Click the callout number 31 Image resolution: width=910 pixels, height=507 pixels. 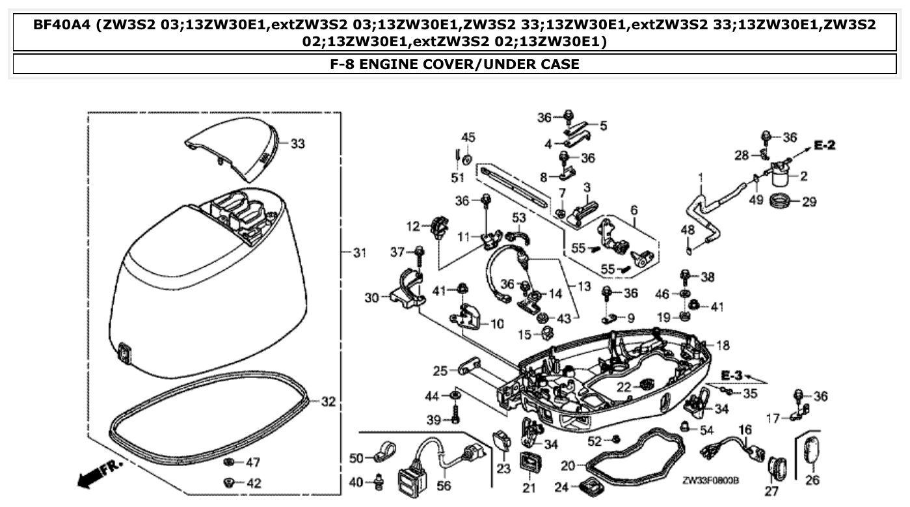tap(360, 253)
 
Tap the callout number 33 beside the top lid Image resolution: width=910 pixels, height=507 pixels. tap(297, 144)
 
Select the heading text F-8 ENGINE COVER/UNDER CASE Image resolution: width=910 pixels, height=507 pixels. tap(455, 64)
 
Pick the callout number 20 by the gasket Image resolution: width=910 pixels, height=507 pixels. tap(569, 465)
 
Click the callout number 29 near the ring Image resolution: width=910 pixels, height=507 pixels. tap(809, 202)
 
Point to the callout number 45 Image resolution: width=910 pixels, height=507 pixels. tap(468, 137)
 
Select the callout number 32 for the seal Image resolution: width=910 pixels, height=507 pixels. tap(328, 402)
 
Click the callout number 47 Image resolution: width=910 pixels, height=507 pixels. tap(253, 462)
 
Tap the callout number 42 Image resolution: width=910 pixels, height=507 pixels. tap(253, 483)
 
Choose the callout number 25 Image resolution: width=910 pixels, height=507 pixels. tap(440, 371)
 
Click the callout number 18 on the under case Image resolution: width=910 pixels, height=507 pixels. tap(723, 345)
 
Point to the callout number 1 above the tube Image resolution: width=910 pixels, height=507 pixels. tap(701, 177)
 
